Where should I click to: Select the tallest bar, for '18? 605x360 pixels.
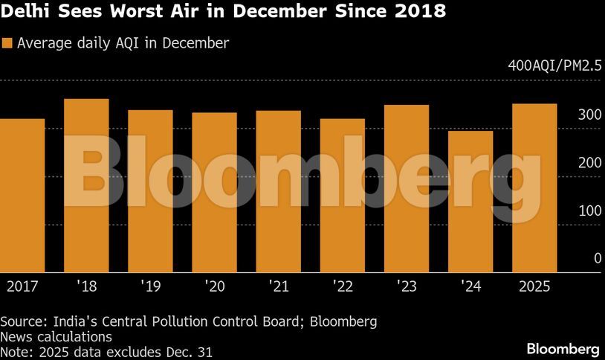point(86,186)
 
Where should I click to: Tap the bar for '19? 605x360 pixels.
point(150,191)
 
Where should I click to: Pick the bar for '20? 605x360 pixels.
point(214,193)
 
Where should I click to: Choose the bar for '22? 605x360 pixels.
point(343,196)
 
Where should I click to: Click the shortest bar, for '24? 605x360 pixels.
point(470,202)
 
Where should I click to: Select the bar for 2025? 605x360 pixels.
point(534,188)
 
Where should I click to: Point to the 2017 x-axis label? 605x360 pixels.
point(22,286)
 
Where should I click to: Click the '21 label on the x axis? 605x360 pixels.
point(278,286)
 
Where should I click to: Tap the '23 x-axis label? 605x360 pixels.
point(407,286)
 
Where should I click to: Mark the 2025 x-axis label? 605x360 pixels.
point(534,286)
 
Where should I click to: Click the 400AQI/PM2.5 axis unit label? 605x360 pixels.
point(554,66)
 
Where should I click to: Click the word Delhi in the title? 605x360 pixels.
point(26,13)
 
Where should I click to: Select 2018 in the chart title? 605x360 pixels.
point(419,13)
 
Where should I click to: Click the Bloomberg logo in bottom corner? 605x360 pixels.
point(563,348)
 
